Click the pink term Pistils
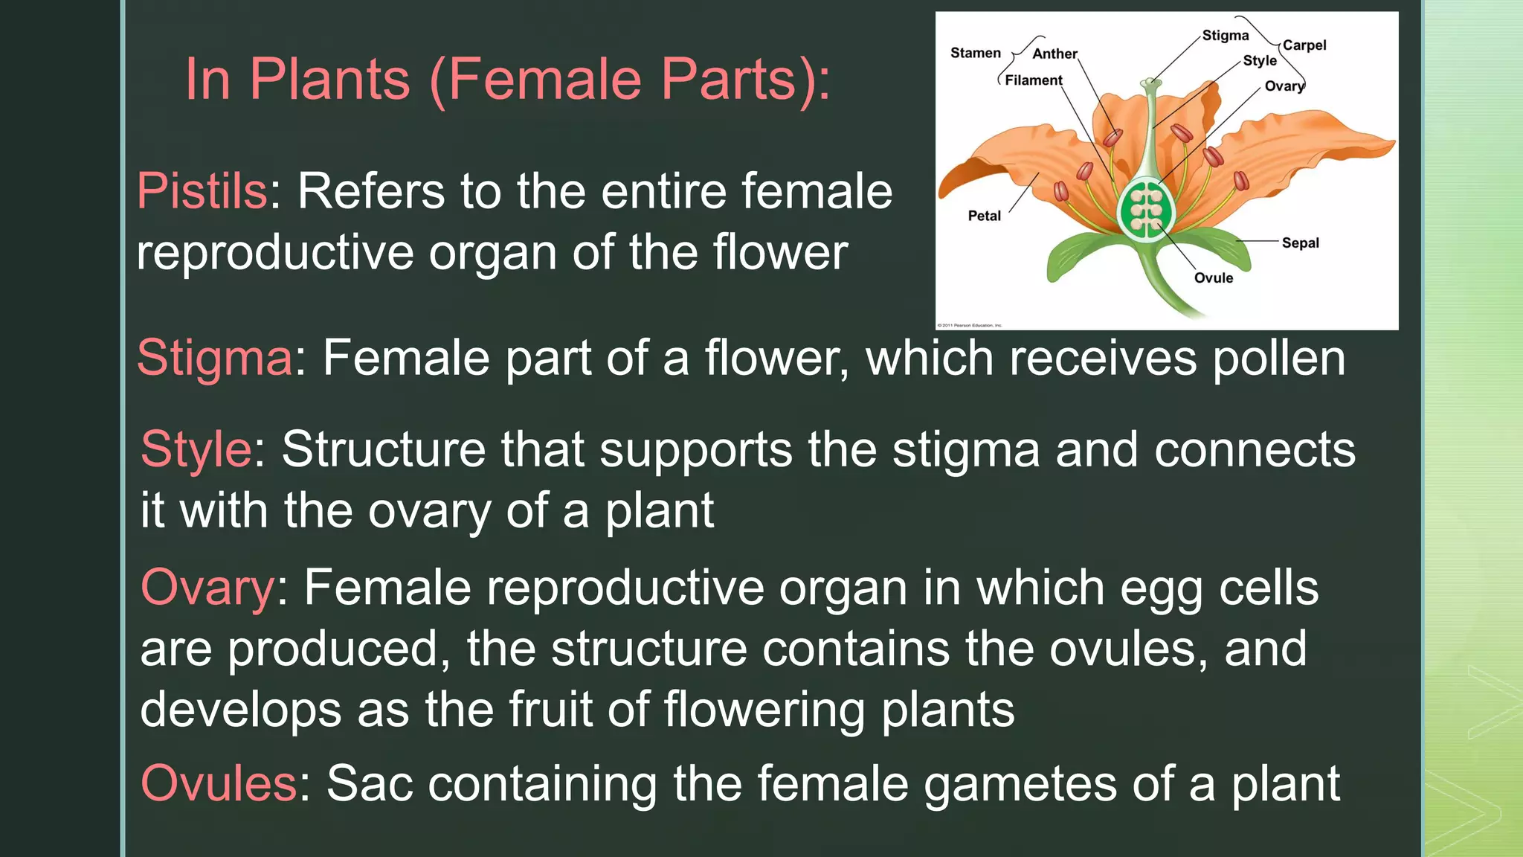point(202,191)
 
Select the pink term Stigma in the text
point(215,358)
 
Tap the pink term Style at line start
point(196,449)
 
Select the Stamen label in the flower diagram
point(975,53)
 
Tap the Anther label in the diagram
point(1054,54)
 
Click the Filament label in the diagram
point(1033,80)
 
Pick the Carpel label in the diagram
point(1304,45)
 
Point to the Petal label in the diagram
point(984,216)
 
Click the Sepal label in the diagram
point(1300,243)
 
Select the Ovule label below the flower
point(1213,278)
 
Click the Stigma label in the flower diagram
point(1225,36)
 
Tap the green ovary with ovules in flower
point(1147,211)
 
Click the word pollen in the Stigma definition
point(1279,358)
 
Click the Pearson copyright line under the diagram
point(970,325)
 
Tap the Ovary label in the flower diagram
point(1284,86)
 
